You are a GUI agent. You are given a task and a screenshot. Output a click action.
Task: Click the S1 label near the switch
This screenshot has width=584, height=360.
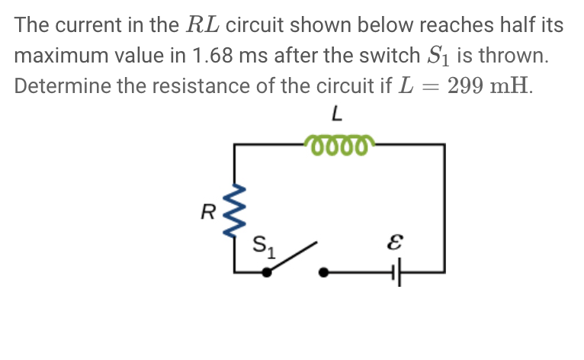pyautogui.click(x=265, y=246)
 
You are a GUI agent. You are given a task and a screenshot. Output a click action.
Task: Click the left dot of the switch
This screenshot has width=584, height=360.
pyautogui.click(x=266, y=271)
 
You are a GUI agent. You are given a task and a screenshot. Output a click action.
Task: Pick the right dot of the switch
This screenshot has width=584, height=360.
pyautogui.click(x=325, y=271)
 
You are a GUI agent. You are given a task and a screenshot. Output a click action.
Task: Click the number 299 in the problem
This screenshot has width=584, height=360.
pyautogui.click(x=467, y=85)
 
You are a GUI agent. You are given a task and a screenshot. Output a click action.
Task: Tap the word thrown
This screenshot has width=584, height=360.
pyautogui.click(x=515, y=56)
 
